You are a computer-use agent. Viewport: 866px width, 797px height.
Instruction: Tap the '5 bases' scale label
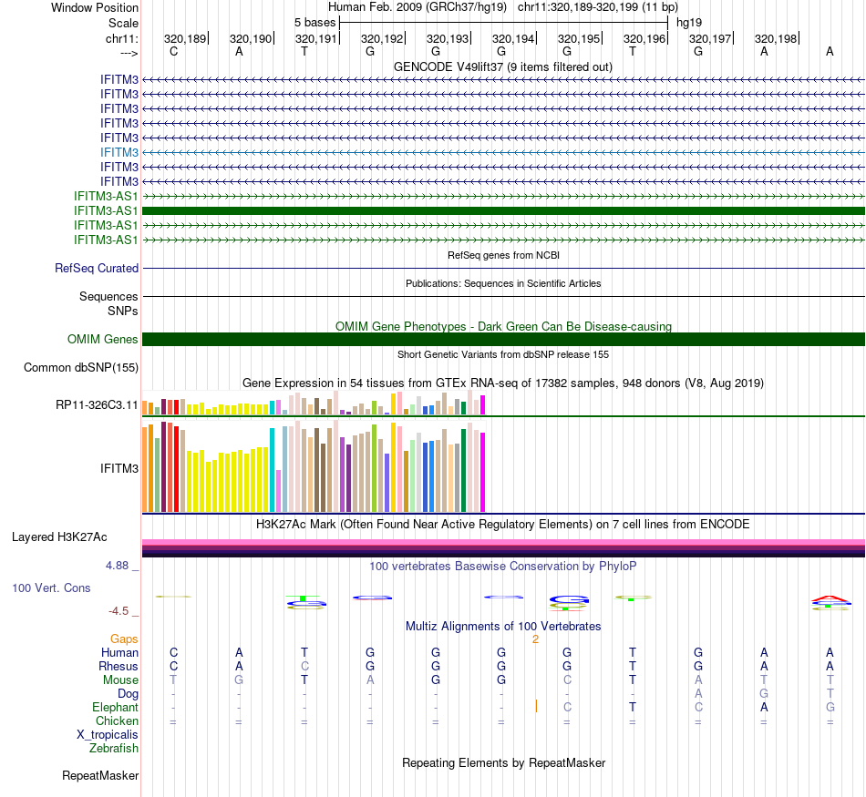pos(314,22)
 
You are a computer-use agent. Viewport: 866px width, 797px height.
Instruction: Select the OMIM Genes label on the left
pos(103,340)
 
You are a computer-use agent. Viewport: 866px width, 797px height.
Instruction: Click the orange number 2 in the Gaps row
pos(536,639)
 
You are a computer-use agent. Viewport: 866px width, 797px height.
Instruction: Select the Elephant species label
pos(115,708)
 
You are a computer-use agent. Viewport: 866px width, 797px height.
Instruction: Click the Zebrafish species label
pos(114,749)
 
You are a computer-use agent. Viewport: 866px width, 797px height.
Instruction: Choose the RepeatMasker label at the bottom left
pos(100,776)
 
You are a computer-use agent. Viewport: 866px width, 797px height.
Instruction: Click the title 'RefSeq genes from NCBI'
pos(503,255)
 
